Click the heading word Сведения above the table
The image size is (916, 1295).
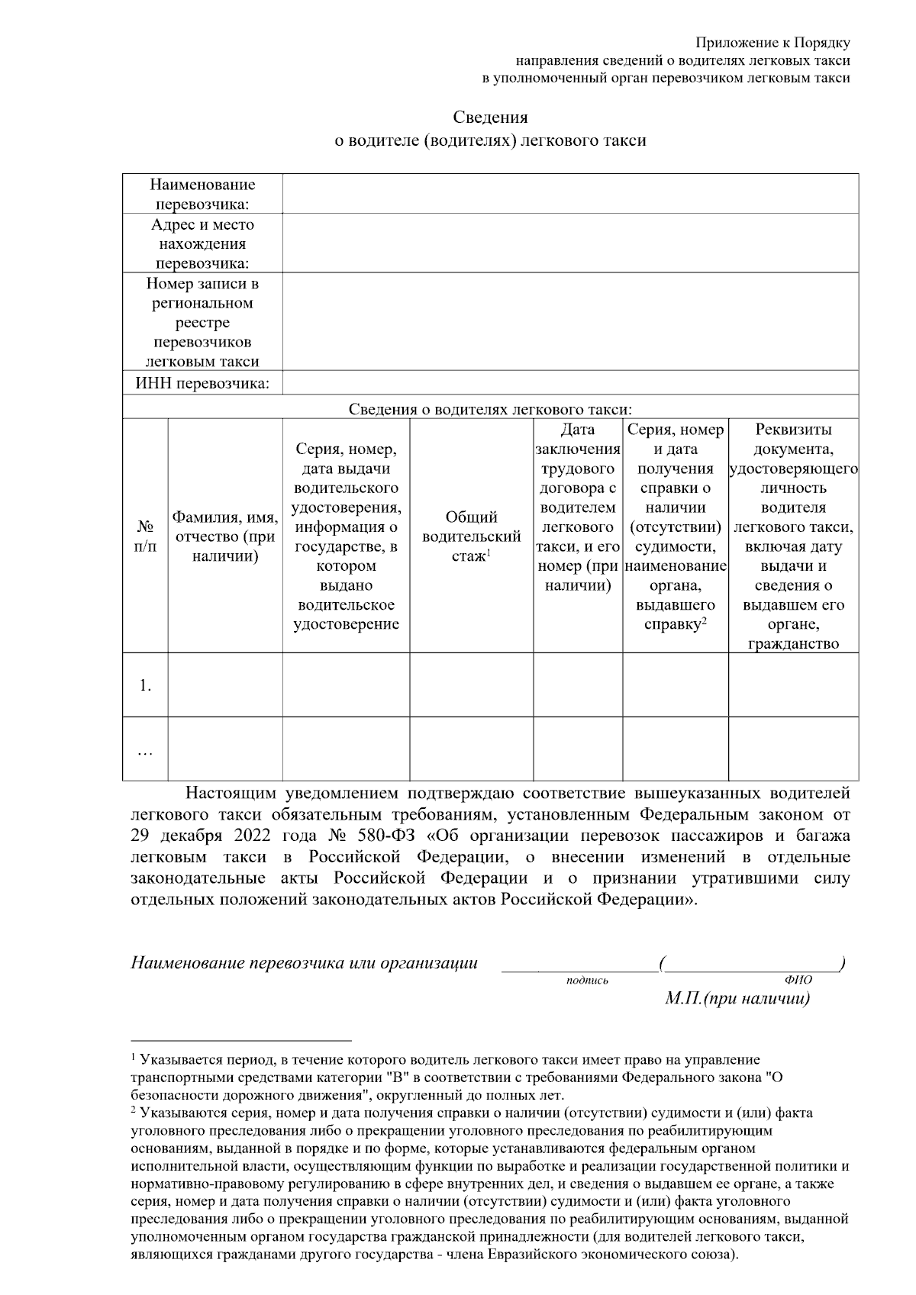tap(490, 118)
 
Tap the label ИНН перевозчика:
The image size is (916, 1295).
tap(202, 383)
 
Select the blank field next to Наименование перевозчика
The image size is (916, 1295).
tap(570, 194)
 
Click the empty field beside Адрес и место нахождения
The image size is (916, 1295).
tap(570, 243)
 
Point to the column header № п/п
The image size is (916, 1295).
tap(145, 536)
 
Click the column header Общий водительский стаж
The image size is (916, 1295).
tap(471, 536)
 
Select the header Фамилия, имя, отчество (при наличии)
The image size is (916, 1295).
tap(225, 536)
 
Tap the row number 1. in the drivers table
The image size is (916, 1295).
tap(145, 685)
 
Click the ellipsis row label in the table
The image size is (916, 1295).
tap(145, 751)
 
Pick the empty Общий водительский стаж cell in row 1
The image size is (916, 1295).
tap(471, 685)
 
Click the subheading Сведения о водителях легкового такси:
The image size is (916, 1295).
tap(491, 409)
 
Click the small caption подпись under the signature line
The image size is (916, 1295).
tap(587, 981)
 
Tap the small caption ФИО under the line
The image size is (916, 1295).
tap(798, 981)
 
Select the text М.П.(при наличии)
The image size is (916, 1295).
tap(737, 999)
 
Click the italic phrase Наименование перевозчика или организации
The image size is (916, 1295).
tap(305, 963)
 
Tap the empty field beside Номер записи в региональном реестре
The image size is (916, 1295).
tap(570, 322)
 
